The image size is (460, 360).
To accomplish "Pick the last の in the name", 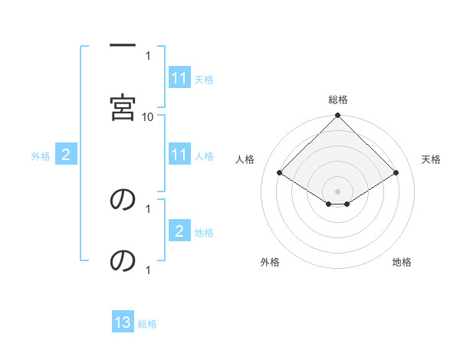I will [x=123, y=261].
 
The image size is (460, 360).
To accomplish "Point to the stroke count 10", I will [x=148, y=116].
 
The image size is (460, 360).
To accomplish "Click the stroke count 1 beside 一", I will [x=148, y=56].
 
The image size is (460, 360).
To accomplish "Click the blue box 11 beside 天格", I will [x=179, y=78].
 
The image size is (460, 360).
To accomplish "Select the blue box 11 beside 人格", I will [x=179, y=155].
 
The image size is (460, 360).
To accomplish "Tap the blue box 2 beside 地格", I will [x=179, y=232].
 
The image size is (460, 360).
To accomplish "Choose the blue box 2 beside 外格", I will [x=66, y=155].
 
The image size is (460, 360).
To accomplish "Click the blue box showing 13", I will [x=123, y=323].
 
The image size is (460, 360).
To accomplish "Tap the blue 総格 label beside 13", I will [x=147, y=324].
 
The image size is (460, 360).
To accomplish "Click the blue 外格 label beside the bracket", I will [x=41, y=156].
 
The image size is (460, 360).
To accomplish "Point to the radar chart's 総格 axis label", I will [x=338, y=100].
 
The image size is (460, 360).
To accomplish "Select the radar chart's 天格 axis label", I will [x=432, y=159].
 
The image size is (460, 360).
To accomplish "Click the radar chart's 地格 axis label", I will [x=402, y=262].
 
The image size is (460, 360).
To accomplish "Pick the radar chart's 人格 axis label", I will [x=245, y=159].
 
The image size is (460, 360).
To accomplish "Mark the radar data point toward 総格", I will [x=338, y=116].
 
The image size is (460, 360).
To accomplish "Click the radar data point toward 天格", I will [x=396, y=172].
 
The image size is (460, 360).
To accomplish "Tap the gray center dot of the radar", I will [x=338, y=191].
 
